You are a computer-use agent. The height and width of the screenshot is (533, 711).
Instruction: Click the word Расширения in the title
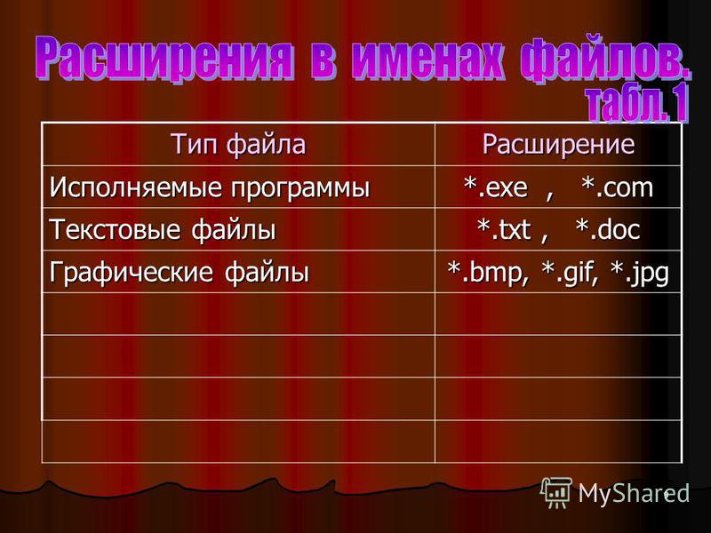(x=164, y=58)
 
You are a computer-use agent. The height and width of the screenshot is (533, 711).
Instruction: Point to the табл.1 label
(x=638, y=105)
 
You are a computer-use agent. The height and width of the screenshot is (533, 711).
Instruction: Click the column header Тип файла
(x=239, y=144)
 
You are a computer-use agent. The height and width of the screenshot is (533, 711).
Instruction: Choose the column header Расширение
(x=558, y=144)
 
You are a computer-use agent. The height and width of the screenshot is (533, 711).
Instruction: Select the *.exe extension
(x=496, y=187)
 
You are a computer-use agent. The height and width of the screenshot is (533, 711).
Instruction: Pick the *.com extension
(x=617, y=187)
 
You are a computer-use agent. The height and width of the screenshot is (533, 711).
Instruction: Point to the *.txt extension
(x=504, y=229)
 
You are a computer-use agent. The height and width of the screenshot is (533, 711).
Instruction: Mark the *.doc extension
(x=608, y=229)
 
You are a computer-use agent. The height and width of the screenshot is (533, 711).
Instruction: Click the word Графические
(x=131, y=272)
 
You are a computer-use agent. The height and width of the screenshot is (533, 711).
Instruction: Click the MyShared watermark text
(x=634, y=493)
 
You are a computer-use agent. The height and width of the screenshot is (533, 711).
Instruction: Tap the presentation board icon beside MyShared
(x=556, y=492)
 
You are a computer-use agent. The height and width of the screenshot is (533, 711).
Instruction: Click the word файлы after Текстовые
(x=233, y=229)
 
